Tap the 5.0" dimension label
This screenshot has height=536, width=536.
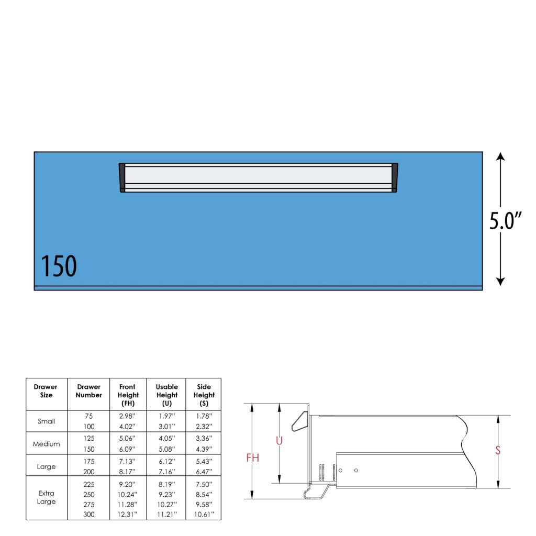point(506,220)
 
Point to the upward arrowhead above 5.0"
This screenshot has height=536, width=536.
point(500,157)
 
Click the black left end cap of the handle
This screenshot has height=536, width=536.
point(122,177)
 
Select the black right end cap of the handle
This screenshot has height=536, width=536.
point(395,177)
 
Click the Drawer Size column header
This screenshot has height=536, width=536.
point(46,390)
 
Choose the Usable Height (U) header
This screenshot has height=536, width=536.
point(167,395)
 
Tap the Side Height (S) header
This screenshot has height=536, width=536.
point(204,395)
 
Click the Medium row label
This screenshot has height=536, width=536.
point(46,444)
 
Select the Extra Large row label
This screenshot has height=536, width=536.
point(46,497)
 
